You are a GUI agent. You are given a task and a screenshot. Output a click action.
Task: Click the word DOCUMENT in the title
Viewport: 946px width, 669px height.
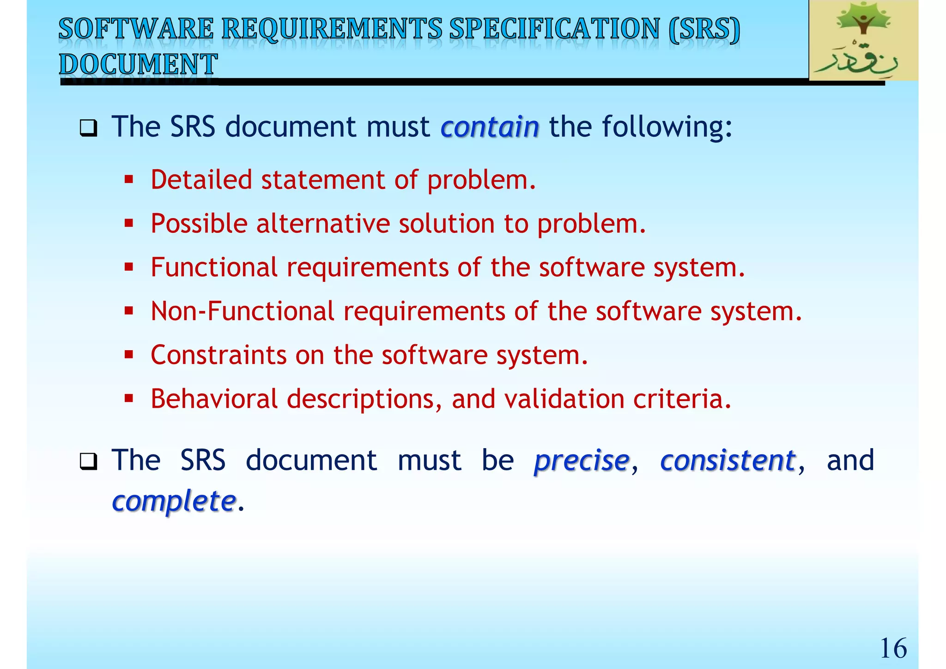[138, 64]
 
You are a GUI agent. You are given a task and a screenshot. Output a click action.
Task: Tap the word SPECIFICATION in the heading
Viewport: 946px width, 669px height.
[554, 29]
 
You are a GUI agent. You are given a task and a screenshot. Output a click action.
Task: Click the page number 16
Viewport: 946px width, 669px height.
[893, 648]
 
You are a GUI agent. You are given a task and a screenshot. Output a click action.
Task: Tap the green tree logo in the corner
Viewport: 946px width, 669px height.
[863, 41]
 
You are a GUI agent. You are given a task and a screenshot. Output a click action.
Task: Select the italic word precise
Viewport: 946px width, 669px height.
[582, 461]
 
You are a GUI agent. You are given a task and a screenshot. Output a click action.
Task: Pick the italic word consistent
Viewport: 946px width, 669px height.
[728, 461]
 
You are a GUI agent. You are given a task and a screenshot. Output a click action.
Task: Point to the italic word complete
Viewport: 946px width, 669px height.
[174, 501]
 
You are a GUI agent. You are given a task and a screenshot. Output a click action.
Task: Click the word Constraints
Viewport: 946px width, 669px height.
[218, 355]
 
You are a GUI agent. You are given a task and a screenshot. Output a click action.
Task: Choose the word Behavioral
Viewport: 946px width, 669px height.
[214, 399]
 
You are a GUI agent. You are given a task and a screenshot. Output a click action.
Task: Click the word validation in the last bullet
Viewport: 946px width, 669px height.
[564, 399]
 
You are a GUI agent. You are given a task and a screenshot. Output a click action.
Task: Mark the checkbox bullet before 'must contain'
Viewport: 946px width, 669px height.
[88, 128]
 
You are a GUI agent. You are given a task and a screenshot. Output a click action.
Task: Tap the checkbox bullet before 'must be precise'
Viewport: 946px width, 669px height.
[88, 462]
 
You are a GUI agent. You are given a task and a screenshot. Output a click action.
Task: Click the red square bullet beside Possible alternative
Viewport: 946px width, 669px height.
[129, 224]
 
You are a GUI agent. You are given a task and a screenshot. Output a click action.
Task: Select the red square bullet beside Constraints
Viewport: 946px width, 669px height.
[129, 355]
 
